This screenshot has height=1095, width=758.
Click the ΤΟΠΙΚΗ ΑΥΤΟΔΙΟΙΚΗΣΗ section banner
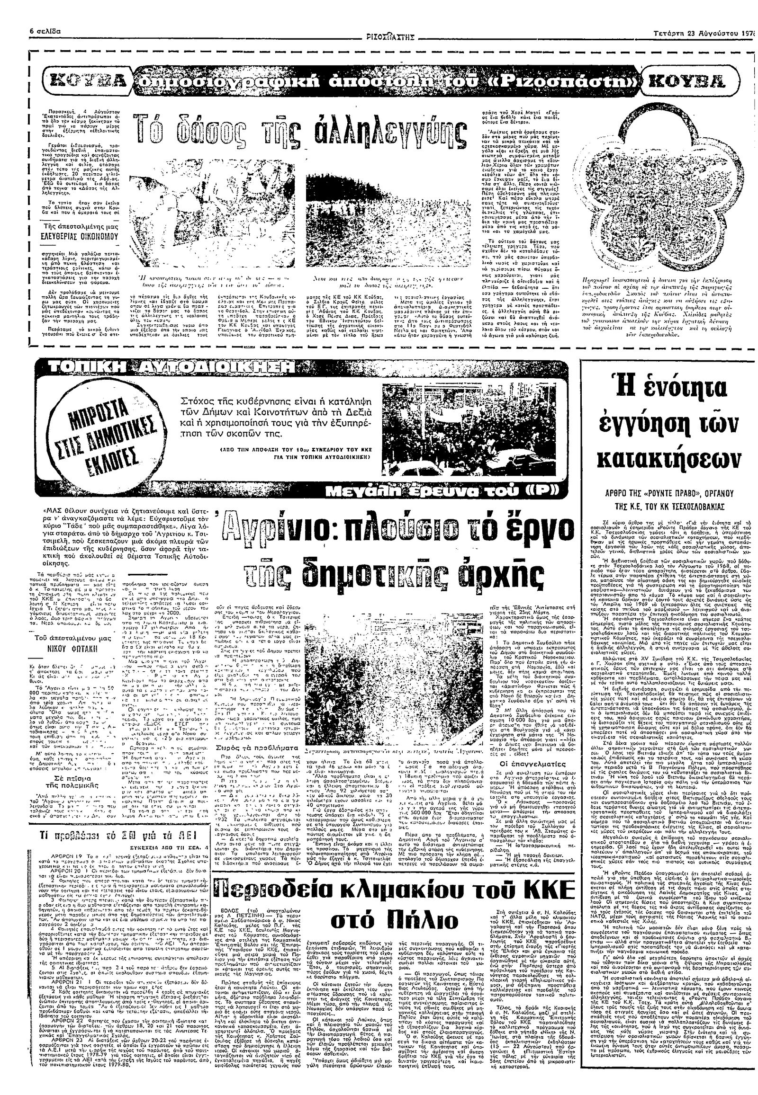[166, 366]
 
